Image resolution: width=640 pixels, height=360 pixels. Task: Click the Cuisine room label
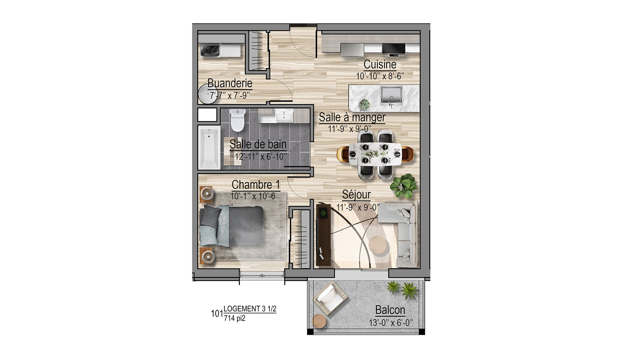[x=380, y=64]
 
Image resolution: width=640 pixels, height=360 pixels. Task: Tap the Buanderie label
[x=230, y=83]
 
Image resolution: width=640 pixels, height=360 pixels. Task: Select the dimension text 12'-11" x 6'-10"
[x=261, y=157]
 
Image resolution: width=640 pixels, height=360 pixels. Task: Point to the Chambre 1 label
[x=256, y=184]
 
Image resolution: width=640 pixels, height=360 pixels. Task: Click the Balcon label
[x=390, y=310]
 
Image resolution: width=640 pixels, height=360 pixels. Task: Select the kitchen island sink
[x=391, y=95]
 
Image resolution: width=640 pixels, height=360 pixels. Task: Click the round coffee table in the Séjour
[x=377, y=244]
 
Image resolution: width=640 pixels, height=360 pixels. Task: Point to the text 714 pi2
[x=235, y=318]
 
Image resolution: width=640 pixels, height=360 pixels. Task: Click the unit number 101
[x=217, y=314]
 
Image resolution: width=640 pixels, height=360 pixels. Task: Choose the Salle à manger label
[x=352, y=117]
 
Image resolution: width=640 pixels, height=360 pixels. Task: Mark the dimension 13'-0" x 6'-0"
[x=391, y=323]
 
